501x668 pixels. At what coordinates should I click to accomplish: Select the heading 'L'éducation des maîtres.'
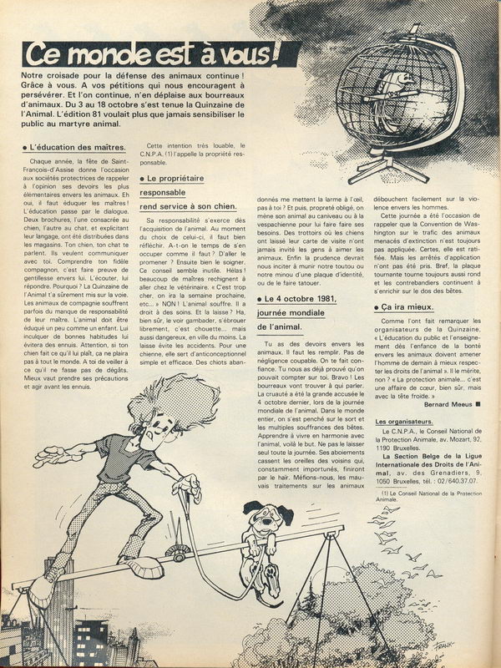pos(69,148)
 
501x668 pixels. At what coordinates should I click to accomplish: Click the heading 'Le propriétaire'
pos(177,179)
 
